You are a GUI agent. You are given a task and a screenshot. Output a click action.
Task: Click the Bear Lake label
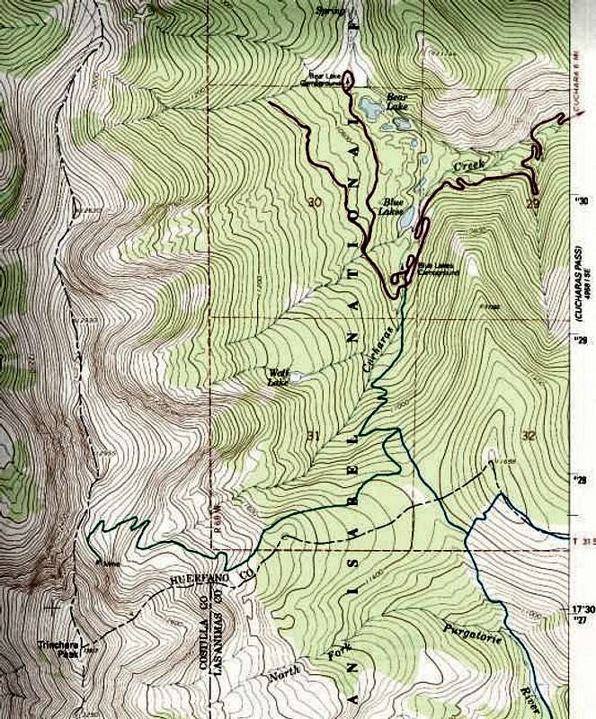(x=398, y=100)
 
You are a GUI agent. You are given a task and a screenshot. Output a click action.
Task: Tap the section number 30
(x=314, y=200)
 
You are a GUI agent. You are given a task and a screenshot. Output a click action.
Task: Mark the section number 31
(x=313, y=437)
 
